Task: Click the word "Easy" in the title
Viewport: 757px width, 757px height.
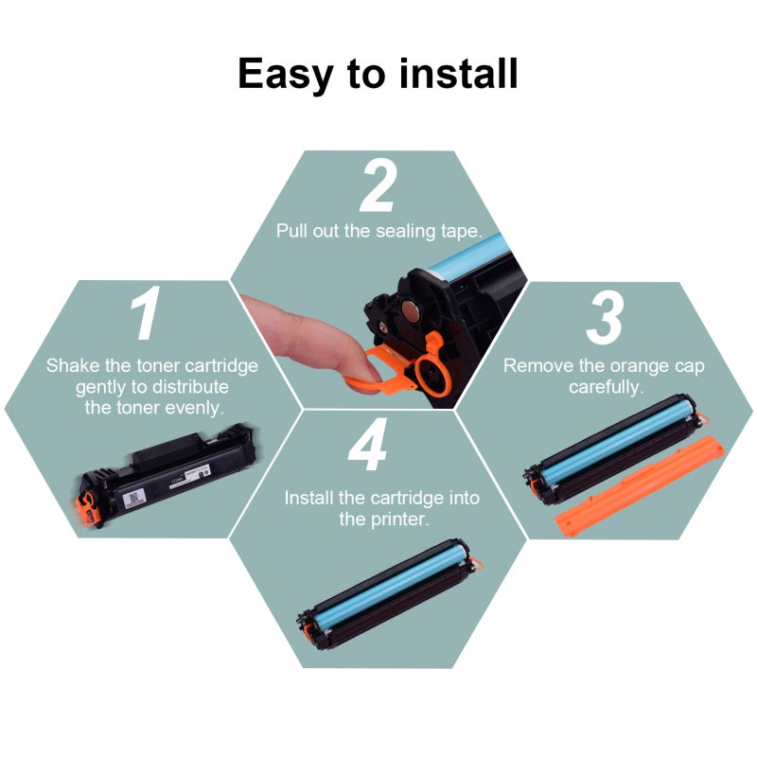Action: (286, 75)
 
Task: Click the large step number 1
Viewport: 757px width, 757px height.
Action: (146, 312)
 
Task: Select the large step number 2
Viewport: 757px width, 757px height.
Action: (378, 185)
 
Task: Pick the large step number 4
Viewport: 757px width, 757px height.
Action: (368, 444)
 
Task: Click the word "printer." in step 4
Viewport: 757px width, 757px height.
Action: (384, 519)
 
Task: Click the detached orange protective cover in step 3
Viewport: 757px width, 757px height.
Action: (640, 485)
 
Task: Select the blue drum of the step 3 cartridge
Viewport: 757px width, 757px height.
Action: (618, 441)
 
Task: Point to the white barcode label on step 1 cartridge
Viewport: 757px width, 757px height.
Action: (133, 499)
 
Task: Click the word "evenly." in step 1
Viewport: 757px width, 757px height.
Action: (195, 408)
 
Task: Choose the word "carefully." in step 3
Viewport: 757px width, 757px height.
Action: (606, 388)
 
